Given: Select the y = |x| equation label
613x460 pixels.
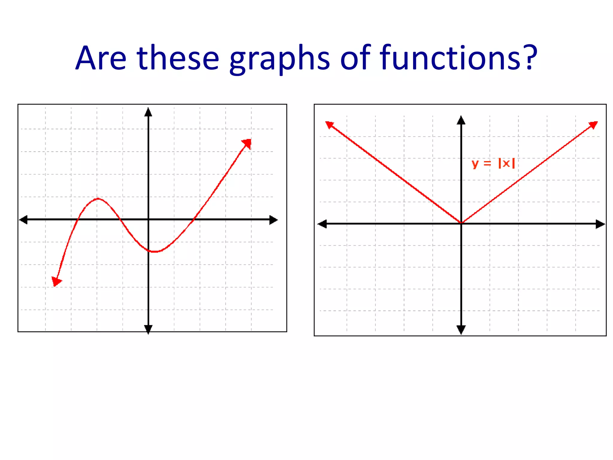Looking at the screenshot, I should (493, 164).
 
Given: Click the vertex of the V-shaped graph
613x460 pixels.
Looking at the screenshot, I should (461, 223).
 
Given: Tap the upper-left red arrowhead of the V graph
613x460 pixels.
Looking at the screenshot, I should (329, 125).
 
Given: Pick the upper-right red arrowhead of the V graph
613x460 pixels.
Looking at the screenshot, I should (593, 125).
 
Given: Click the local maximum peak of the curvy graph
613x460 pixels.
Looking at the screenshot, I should (98, 199).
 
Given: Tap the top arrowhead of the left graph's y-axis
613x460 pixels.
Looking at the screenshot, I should (148, 112).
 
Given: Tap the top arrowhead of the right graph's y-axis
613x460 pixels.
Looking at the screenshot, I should (461, 120).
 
